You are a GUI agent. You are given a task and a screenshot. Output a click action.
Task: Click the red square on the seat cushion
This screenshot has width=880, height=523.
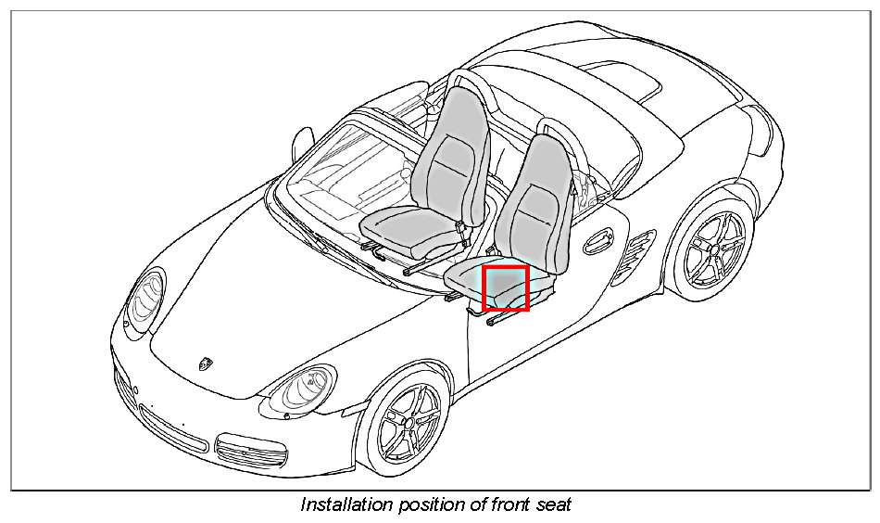[506, 287]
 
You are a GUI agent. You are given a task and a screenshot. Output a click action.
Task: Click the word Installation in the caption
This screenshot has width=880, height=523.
[344, 504]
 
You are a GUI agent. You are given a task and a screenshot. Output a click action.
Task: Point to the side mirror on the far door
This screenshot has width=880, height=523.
[302, 143]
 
